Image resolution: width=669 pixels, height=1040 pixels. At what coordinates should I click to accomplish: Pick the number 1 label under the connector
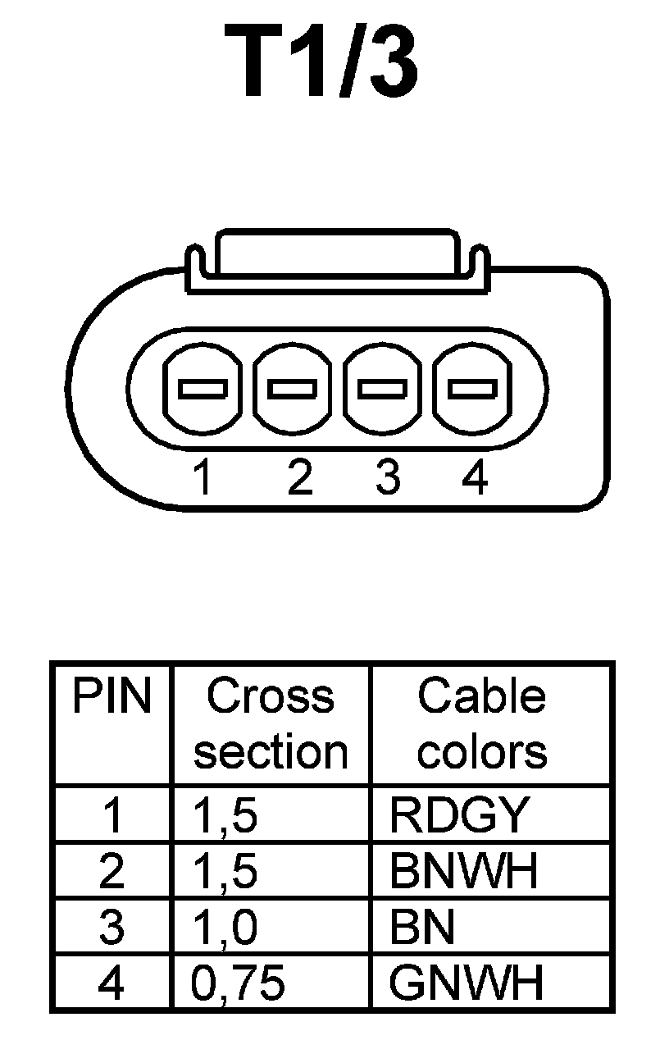tap(203, 477)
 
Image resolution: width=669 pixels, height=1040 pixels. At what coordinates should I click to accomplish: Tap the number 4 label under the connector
tap(475, 477)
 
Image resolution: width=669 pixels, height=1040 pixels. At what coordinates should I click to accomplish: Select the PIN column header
tap(111, 697)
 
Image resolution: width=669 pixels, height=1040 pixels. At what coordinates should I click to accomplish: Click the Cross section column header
tap(271, 723)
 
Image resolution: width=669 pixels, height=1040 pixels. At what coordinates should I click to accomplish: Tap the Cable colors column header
tap(482, 723)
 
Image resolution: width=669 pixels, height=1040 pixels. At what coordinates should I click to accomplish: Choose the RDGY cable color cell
tap(457, 814)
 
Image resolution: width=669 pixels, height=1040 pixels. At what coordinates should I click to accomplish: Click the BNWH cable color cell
tap(464, 871)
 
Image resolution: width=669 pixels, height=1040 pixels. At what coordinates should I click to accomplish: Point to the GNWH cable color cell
tap(466, 983)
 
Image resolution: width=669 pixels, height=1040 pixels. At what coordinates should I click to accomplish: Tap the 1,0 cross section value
tap(225, 927)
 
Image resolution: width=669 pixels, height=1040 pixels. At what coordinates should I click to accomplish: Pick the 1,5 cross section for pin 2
tap(225, 871)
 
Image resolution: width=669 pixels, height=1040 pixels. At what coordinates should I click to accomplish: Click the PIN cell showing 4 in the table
tap(111, 983)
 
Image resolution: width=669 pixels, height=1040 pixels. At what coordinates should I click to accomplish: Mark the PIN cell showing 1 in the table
tap(111, 814)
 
